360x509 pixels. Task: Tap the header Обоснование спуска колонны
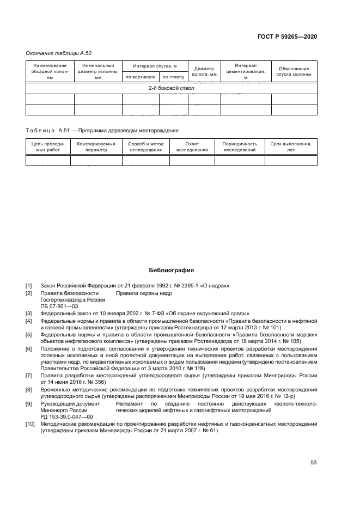coord(294,71)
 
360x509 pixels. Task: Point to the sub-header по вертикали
coord(141,77)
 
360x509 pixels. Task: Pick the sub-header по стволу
coord(174,77)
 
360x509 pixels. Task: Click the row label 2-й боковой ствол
coord(172,88)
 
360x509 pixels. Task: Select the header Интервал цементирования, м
coord(246,71)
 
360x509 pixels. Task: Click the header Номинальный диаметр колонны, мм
coord(98,71)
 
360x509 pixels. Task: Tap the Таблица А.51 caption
coord(102,131)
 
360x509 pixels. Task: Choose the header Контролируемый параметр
coord(96,147)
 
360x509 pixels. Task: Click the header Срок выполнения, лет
coord(290,147)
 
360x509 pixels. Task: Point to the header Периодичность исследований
coord(240,147)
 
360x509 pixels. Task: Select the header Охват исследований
coord(192,147)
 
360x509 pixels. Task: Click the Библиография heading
coord(172,270)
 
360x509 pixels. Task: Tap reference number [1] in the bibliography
coord(29,285)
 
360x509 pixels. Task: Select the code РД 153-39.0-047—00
coord(66,416)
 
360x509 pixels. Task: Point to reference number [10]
coord(30,424)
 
